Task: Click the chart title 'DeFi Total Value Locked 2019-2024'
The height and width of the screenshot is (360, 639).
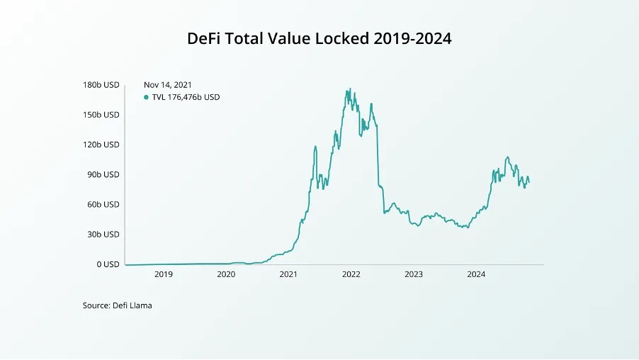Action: (x=319, y=38)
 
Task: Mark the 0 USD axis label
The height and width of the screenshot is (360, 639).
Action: (x=108, y=264)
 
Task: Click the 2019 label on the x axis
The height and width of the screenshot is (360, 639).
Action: (x=163, y=274)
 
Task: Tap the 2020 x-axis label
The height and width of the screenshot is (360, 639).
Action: (x=225, y=274)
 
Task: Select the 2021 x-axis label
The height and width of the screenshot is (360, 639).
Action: (x=288, y=274)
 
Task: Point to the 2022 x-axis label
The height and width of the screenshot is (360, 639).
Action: (x=351, y=274)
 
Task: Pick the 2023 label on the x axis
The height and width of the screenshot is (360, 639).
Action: (x=414, y=274)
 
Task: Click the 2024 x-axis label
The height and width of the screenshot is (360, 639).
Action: (x=476, y=274)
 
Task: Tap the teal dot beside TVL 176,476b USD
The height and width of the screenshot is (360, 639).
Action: (x=146, y=97)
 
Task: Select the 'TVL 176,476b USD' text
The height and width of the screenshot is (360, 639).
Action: (x=186, y=97)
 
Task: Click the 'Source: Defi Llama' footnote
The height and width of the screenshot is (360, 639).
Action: (x=118, y=305)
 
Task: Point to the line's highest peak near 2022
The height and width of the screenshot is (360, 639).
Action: (x=350, y=89)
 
